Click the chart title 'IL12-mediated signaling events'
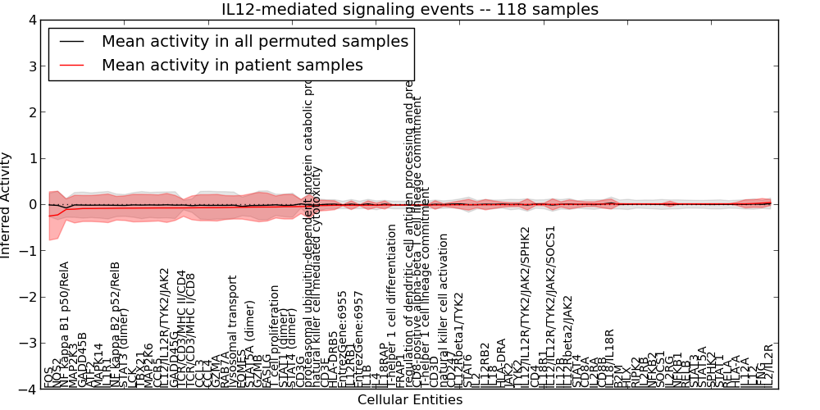pos(410,9)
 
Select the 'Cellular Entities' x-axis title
pos(410,400)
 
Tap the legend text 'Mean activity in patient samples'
pos(232,65)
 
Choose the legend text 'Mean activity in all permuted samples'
pos(255,40)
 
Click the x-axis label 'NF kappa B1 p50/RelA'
pos(65,323)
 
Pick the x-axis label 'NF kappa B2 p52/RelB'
pos(116,323)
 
